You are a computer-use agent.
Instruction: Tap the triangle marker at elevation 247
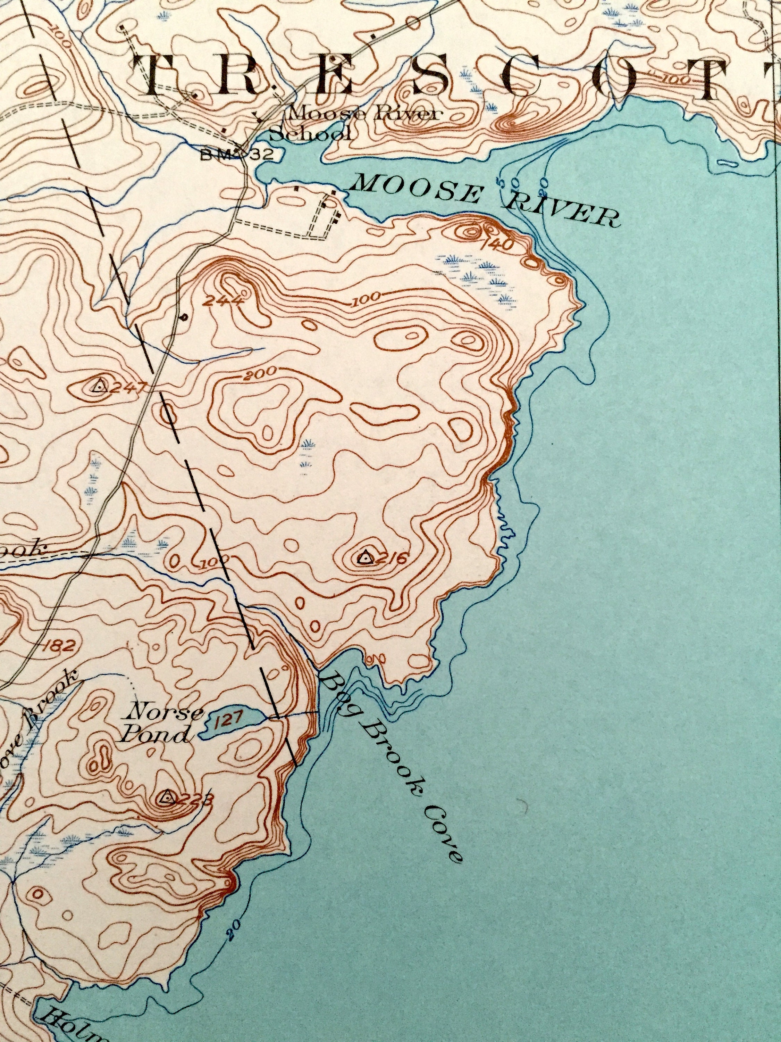tap(98, 387)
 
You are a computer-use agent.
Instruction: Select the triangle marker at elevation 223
tap(166, 797)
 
